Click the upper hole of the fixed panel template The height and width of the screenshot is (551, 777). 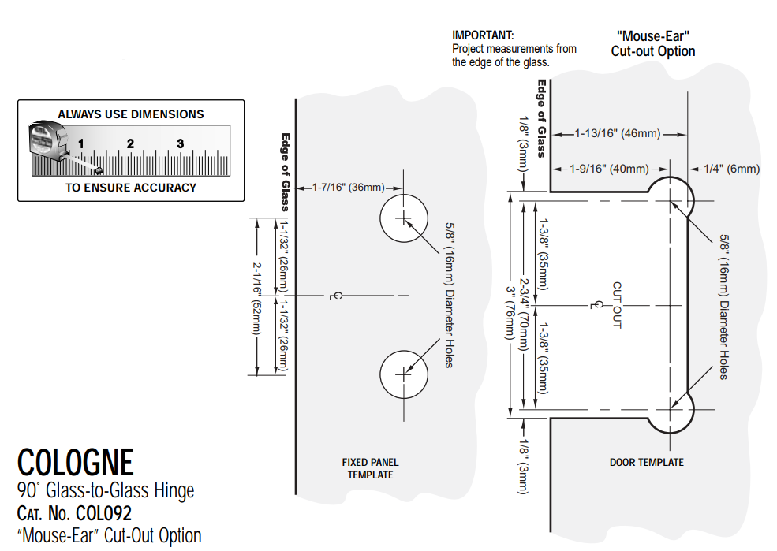pos(403,217)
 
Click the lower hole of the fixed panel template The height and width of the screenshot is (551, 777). pos(403,374)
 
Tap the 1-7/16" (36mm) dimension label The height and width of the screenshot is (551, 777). pos(348,187)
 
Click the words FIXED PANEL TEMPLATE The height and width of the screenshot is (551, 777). pos(370,468)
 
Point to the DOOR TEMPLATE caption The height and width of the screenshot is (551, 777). pos(647,462)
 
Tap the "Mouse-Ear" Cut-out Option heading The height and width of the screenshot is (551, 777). pos(653,44)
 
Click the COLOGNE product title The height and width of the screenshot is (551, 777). pos(76,462)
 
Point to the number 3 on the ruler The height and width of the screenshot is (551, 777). pos(181,143)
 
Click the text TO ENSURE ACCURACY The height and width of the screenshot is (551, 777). pos(131,188)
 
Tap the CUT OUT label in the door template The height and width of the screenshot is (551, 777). pos(617,305)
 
